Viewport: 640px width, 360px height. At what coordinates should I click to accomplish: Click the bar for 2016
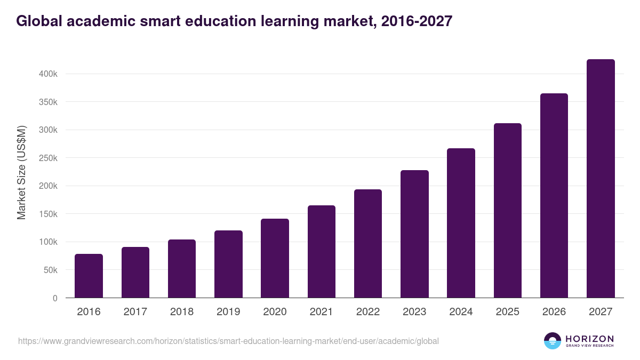tap(89, 276)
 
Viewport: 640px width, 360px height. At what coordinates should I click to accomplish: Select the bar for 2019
tap(228, 264)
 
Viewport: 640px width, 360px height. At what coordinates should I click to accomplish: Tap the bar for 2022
tap(368, 244)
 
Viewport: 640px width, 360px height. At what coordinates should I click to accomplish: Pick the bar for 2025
tap(508, 211)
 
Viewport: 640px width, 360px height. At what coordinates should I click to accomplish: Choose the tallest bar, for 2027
tap(601, 179)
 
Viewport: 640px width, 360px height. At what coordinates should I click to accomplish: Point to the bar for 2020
tap(275, 258)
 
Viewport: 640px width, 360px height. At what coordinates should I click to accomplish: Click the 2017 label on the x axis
tap(135, 311)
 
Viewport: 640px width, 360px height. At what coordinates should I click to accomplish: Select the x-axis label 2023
tap(414, 311)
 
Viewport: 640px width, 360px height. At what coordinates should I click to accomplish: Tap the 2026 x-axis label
tap(554, 311)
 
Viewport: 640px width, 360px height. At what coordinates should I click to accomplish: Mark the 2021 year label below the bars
tap(322, 311)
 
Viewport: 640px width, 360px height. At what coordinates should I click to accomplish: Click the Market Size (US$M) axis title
tap(21, 172)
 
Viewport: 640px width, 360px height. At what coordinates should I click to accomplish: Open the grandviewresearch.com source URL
tap(228, 341)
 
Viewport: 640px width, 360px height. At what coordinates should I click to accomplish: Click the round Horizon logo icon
tap(553, 341)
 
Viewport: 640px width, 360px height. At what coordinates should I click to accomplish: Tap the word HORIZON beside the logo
tap(589, 338)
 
